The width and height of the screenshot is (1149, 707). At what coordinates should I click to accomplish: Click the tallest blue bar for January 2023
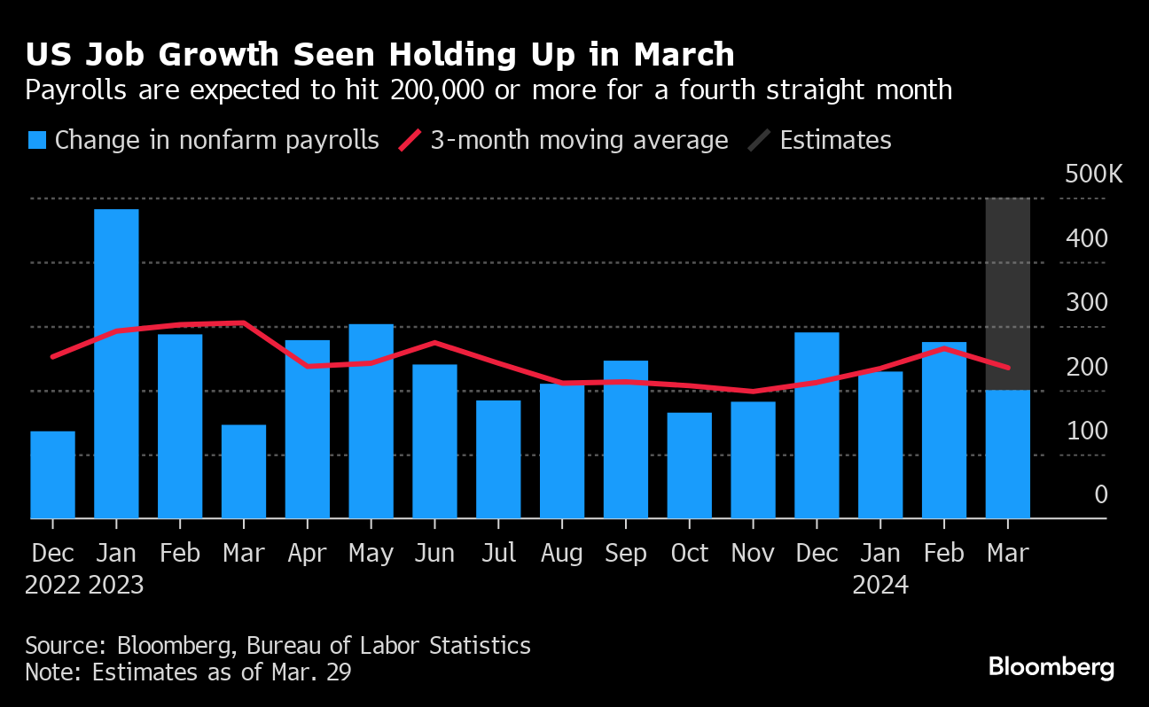pyautogui.click(x=116, y=363)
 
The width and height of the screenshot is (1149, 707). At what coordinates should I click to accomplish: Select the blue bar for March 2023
pyautogui.click(x=244, y=471)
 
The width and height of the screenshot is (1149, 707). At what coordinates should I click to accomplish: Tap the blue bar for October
pyautogui.click(x=690, y=465)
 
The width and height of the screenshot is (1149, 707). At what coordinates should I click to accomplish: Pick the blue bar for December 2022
pyautogui.click(x=52, y=475)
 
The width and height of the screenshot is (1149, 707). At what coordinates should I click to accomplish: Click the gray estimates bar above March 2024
pyautogui.click(x=1008, y=293)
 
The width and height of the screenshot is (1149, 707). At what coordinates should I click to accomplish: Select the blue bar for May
pyautogui.click(x=371, y=421)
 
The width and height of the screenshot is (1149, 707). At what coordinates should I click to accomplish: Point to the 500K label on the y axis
pyautogui.click(x=1093, y=174)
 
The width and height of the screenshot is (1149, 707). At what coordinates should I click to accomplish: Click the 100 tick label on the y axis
pyautogui.click(x=1088, y=431)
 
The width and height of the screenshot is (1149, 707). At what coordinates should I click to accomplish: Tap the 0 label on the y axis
pyautogui.click(x=1101, y=494)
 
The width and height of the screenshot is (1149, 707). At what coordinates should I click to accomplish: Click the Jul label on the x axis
pyautogui.click(x=498, y=554)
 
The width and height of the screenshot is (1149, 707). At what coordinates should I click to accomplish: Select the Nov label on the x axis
pyautogui.click(x=754, y=554)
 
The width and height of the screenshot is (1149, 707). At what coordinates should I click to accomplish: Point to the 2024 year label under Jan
pyautogui.click(x=880, y=586)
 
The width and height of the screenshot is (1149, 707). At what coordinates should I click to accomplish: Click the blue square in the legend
pyautogui.click(x=36, y=141)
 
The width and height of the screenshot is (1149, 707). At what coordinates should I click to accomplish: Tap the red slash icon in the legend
pyautogui.click(x=409, y=141)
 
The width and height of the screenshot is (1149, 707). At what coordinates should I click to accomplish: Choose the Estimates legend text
pyautogui.click(x=835, y=141)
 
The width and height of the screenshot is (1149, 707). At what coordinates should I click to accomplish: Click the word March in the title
pyautogui.click(x=684, y=55)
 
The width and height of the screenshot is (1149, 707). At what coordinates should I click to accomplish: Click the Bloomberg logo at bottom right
pyautogui.click(x=1051, y=667)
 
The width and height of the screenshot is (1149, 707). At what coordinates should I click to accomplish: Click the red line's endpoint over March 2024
pyautogui.click(x=1008, y=368)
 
